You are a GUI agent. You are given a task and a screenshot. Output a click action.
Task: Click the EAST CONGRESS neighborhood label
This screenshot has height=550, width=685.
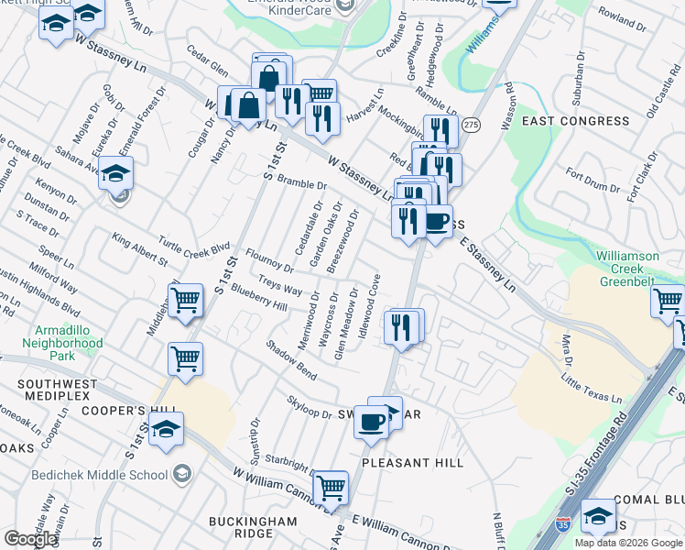575,121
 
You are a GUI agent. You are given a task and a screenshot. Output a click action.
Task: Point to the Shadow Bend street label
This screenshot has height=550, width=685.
291,360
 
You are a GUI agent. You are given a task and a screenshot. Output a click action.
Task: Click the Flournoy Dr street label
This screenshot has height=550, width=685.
268,260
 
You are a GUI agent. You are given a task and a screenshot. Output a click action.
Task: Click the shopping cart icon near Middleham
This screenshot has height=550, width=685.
186,300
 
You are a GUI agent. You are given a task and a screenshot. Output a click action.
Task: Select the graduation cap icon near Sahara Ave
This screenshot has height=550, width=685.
116,172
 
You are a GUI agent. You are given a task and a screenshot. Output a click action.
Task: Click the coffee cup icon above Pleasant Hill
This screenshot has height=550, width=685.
372,422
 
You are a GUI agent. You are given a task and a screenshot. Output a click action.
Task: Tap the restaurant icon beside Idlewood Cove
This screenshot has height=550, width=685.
400,326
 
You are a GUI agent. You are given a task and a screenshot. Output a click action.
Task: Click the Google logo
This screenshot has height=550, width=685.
30,539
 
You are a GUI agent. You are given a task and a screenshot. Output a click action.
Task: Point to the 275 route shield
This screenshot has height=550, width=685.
471,124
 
